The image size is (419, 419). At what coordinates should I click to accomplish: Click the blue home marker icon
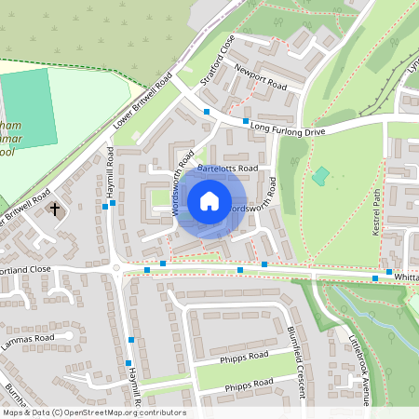click(x=209, y=200)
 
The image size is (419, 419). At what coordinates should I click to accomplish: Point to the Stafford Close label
click(x=213, y=59)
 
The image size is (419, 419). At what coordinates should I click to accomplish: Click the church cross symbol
click(x=55, y=209)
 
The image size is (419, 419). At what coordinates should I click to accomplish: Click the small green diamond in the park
click(x=320, y=175)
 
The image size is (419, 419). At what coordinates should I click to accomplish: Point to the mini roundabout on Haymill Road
click(x=117, y=268)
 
